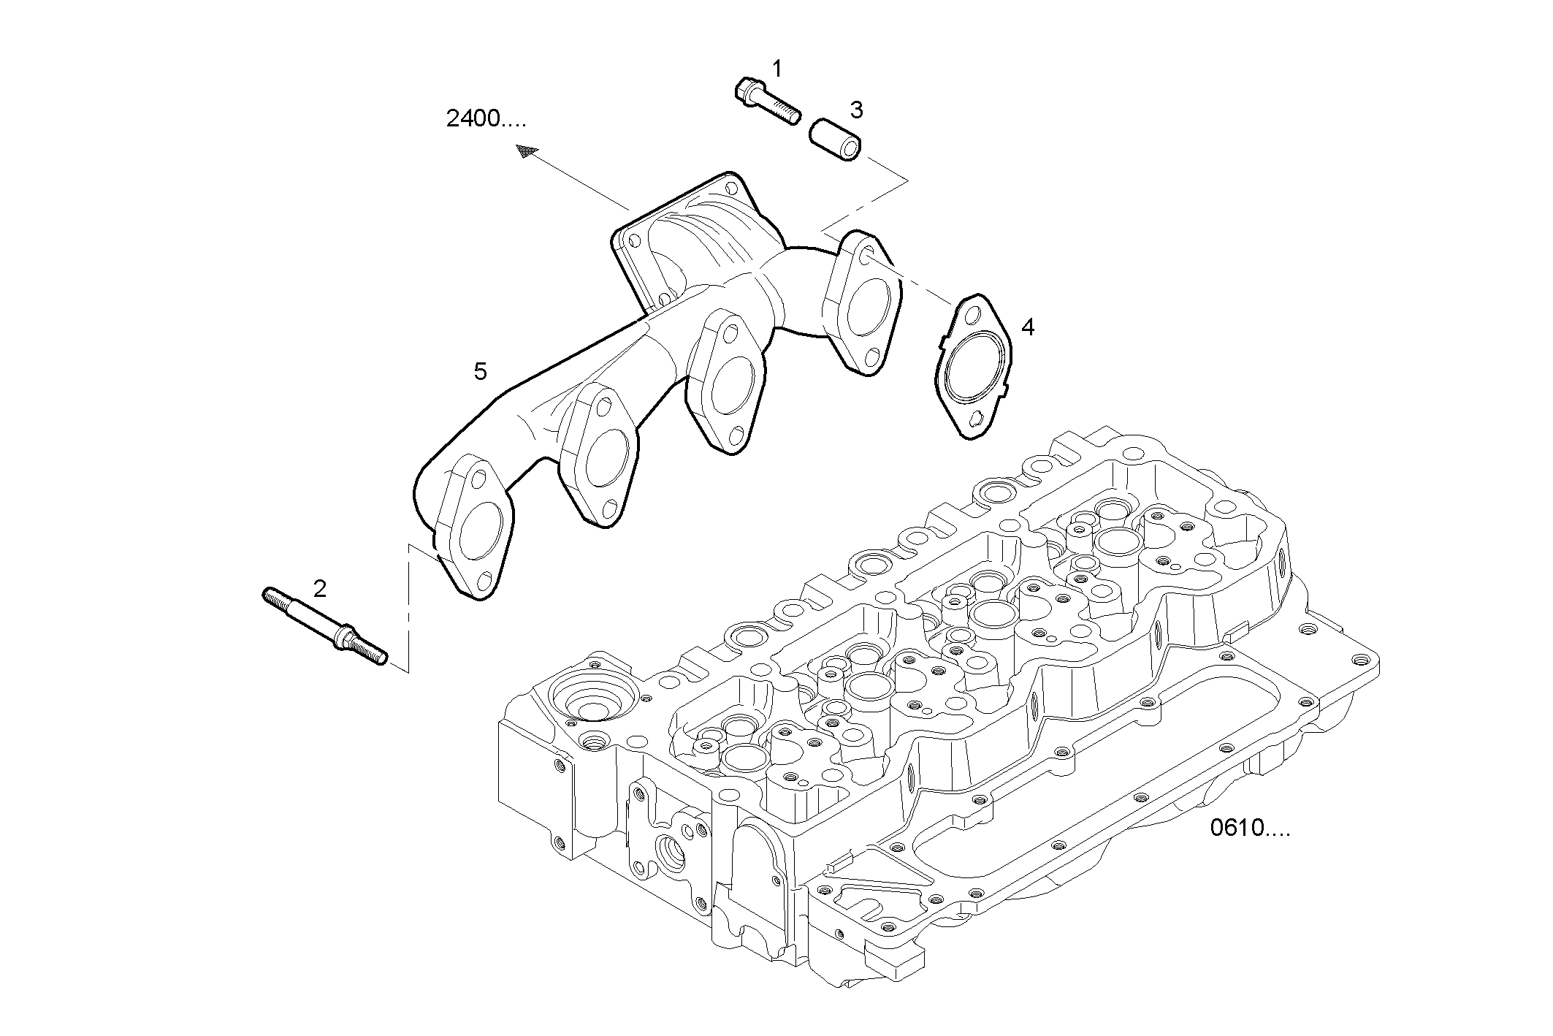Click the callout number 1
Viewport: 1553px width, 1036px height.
pos(777,69)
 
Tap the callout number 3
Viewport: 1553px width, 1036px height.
pos(856,110)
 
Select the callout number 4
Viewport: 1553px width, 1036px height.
pos(1027,327)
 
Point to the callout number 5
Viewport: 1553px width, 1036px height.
pos(480,372)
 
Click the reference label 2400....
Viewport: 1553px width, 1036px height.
pos(485,119)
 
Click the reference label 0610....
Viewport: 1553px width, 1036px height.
pos(1250,828)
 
